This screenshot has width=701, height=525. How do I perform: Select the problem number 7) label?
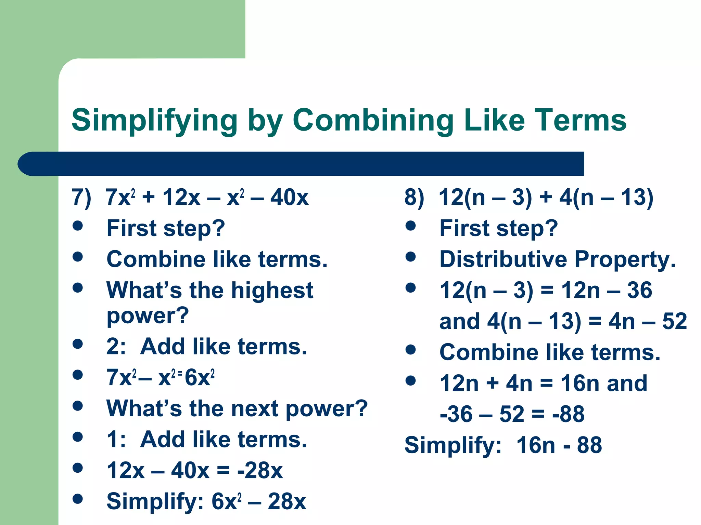click(x=81, y=197)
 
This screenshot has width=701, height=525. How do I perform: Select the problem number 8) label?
click(x=414, y=197)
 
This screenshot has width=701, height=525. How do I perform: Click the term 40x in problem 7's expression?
click(x=290, y=197)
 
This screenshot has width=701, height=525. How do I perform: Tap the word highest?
click(x=272, y=290)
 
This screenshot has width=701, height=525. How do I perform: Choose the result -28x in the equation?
click(x=260, y=470)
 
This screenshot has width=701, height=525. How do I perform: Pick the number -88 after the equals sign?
click(x=568, y=414)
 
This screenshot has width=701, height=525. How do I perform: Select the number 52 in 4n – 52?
click(x=674, y=321)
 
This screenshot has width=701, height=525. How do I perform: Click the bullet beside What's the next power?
click(x=78, y=406)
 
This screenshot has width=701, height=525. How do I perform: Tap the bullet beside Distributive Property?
click(x=410, y=257)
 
